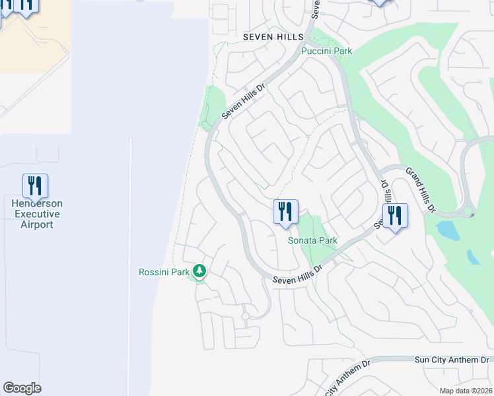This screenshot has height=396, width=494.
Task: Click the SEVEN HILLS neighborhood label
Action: click(x=272, y=37)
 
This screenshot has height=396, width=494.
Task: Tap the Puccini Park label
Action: click(x=326, y=51)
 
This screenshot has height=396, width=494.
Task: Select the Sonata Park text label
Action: click(x=312, y=240)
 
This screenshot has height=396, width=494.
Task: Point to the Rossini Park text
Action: click(x=163, y=272)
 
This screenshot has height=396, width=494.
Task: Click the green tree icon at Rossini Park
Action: click(x=199, y=271)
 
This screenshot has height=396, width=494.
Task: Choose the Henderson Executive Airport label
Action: click(x=36, y=214)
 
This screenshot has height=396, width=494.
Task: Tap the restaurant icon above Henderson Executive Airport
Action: click(x=35, y=185)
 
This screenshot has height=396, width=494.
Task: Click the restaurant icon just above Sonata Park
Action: click(x=285, y=212)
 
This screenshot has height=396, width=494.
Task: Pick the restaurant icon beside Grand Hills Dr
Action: click(x=394, y=216)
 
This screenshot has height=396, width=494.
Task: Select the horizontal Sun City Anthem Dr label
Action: click(x=451, y=360)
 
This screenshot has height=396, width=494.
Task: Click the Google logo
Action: click(x=22, y=388)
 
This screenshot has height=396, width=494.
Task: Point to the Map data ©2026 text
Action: click(x=466, y=391)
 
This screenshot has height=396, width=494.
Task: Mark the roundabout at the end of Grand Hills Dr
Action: click(x=468, y=212)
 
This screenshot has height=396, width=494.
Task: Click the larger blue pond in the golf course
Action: click(x=447, y=230)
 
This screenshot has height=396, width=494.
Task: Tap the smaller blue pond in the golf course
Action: click(x=474, y=257)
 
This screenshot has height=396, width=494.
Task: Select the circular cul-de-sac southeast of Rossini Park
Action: click(x=245, y=316)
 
